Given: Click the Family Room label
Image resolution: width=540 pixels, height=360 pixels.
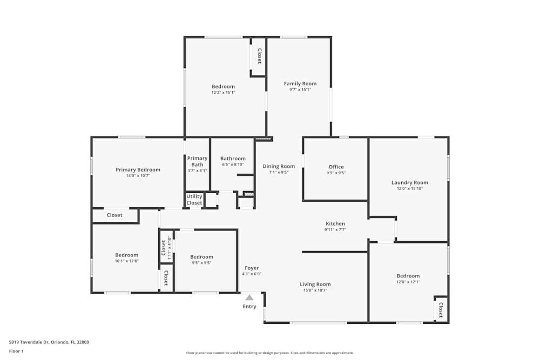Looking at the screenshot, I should coord(300,84).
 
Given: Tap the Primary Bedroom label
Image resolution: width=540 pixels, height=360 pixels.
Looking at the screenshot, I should coord(138,169).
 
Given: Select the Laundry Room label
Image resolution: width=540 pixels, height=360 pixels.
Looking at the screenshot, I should coord(409,182).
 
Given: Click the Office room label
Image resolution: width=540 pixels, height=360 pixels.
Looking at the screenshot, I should coord(336,167).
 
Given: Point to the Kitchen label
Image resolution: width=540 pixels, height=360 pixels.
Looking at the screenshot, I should coord(335,223).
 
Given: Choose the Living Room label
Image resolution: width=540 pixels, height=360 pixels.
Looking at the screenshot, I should coord(315,284).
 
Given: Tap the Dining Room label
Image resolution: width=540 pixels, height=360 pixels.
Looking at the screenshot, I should coord(279,166).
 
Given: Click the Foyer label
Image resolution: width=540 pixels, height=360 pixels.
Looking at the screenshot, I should coord(252,268).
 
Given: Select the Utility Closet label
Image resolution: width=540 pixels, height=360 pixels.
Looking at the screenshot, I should coord(194,200).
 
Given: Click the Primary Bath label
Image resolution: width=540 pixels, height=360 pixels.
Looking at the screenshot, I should coord(197,161).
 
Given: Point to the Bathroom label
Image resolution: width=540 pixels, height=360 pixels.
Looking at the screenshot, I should coord(233,159).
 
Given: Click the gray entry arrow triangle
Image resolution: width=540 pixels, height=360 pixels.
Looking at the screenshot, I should coord(249,297).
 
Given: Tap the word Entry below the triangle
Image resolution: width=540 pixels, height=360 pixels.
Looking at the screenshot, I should coord(249,307).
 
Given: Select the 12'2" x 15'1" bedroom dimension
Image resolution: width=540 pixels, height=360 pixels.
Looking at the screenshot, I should coord(223,92).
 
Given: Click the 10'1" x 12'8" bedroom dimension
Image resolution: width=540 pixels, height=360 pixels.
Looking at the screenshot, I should coord(126,261).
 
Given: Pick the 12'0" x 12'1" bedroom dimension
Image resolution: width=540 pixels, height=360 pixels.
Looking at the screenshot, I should coord(408,282).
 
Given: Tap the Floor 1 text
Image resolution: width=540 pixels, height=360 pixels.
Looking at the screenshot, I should coord(16,351).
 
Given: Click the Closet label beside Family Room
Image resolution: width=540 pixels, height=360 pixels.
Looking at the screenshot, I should coord(259,56).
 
